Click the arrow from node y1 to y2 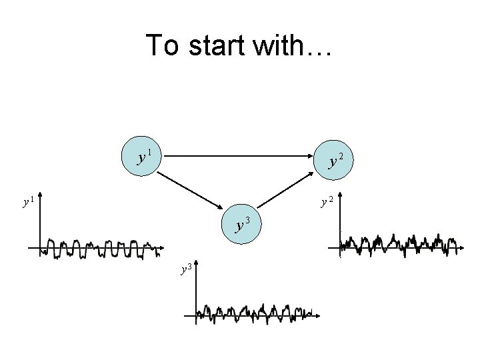tap(236, 156)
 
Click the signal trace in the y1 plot tap(100, 249)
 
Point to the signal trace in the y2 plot tap(400, 245)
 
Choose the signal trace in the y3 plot tap(253, 313)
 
